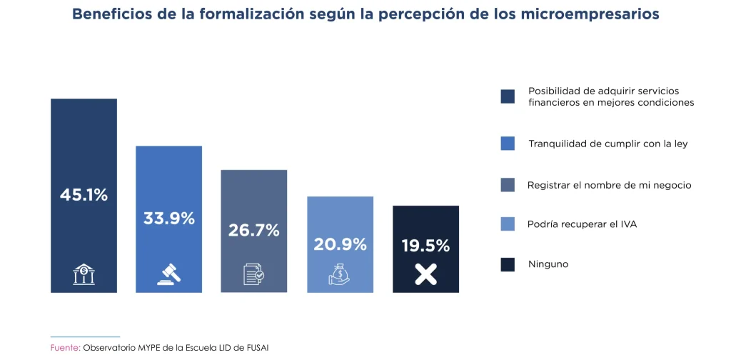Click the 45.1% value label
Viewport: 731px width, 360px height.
click(x=84, y=194)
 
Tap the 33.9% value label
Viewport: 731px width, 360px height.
click(x=169, y=218)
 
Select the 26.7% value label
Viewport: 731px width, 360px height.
click(x=254, y=230)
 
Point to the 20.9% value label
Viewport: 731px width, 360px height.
click(x=340, y=244)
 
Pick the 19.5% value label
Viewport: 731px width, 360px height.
click(x=425, y=246)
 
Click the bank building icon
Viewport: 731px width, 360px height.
click(x=84, y=274)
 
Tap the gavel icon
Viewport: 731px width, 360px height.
click(x=169, y=274)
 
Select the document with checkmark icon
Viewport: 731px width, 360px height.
click(x=254, y=274)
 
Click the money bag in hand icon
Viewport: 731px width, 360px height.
click(x=340, y=274)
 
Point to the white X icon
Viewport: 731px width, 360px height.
click(x=425, y=274)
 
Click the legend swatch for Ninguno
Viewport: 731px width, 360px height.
click(x=508, y=264)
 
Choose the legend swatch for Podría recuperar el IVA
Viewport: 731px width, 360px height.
click(x=508, y=224)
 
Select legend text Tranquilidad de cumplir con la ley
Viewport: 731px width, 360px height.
click(x=608, y=144)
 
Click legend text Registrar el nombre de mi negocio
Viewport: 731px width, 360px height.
click(x=609, y=185)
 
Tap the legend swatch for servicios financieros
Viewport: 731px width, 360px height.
click(x=508, y=97)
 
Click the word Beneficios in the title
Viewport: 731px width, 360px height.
click(x=108, y=14)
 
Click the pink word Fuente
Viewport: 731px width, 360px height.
click(x=64, y=348)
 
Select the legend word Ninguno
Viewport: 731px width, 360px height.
click(x=548, y=264)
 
